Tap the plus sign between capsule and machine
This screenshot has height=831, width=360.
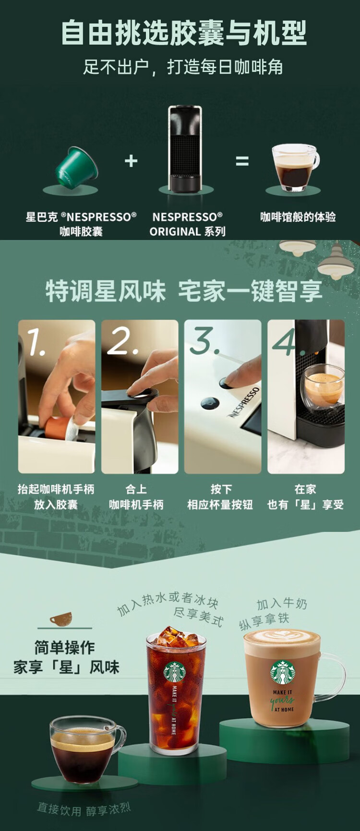(131, 161)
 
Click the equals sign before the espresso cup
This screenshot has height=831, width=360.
(242, 161)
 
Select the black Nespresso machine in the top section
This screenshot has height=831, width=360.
(185, 149)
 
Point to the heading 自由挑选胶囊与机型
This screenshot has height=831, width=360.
(183, 33)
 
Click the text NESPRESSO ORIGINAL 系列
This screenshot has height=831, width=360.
(187, 224)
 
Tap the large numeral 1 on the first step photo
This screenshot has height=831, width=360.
(36, 342)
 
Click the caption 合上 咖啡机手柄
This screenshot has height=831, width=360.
(136, 497)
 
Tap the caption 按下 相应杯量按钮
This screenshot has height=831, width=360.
(220, 497)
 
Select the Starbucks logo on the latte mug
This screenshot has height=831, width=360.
(282, 672)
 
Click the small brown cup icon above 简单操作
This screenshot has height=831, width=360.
(61, 618)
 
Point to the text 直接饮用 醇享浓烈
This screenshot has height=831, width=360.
(84, 809)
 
